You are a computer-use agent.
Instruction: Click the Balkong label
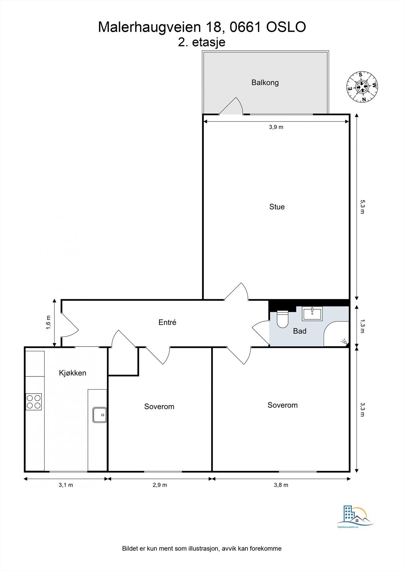pyautogui.click(x=265, y=82)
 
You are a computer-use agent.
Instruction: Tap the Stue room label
pyautogui.click(x=277, y=207)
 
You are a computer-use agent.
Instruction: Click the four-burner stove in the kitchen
pyautogui.click(x=34, y=401)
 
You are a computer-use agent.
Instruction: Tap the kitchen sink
pyautogui.click(x=100, y=415)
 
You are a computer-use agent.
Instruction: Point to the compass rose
pyautogui.click(x=362, y=87)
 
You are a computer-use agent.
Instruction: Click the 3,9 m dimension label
pyautogui.click(x=276, y=127)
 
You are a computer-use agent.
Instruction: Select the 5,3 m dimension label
pyautogui.click(x=362, y=207)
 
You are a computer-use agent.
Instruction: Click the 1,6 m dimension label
pyautogui.click(x=49, y=323)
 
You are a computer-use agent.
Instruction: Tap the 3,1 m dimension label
pyautogui.click(x=66, y=485)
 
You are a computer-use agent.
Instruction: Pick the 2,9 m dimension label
pyautogui.click(x=160, y=485)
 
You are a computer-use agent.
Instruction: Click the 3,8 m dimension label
pyautogui.click(x=281, y=485)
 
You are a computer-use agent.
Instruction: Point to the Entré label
pyautogui.click(x=167, y=322)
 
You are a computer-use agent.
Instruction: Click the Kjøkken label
pyautogui.click(x=73, y=373)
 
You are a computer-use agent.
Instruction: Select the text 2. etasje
pyautogui.click(x=202, y=42)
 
